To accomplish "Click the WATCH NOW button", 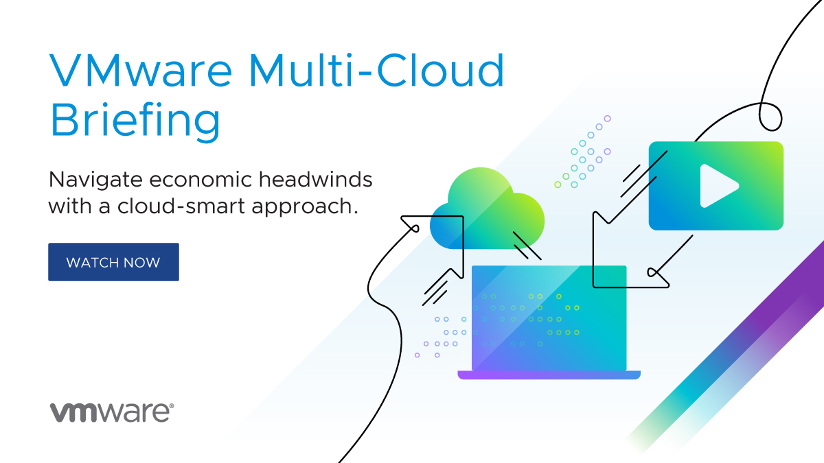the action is pyautogui.click(x=113, y=262).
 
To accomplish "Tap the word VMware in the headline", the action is pyautogui.click(x=141, y=70).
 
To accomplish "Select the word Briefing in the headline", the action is pyautogui.click(x=135, y=121).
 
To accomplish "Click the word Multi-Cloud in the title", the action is pyautogui.click(x=377, y=70).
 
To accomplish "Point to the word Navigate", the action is pyautogui.click(x=95, y=180).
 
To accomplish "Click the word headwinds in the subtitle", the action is pyautogui.click(x=316, y=179).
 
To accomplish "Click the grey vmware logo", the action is pyautogui.click(x=111, y=412).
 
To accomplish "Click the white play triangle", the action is pyautogui.click(x=719, y=186).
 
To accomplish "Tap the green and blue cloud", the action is pyautogui.click(x=488, y=209).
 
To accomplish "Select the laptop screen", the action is pyautogui.click(x=549, y=318).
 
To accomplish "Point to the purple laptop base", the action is pyautogui.click(x=549, y=375).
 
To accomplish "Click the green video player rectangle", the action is pyautogui.click(x=716, y=186).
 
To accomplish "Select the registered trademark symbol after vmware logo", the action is pyautogui.click(x=171, y=405).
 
